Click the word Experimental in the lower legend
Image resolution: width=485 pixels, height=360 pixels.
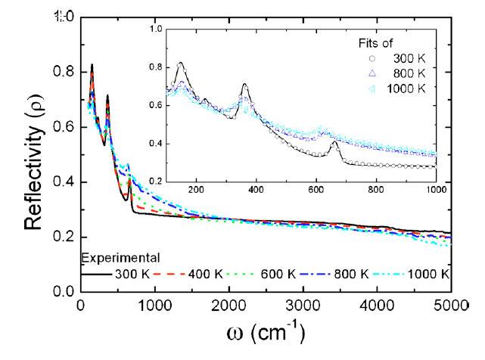pyautogui.click(x=112, y=259)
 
